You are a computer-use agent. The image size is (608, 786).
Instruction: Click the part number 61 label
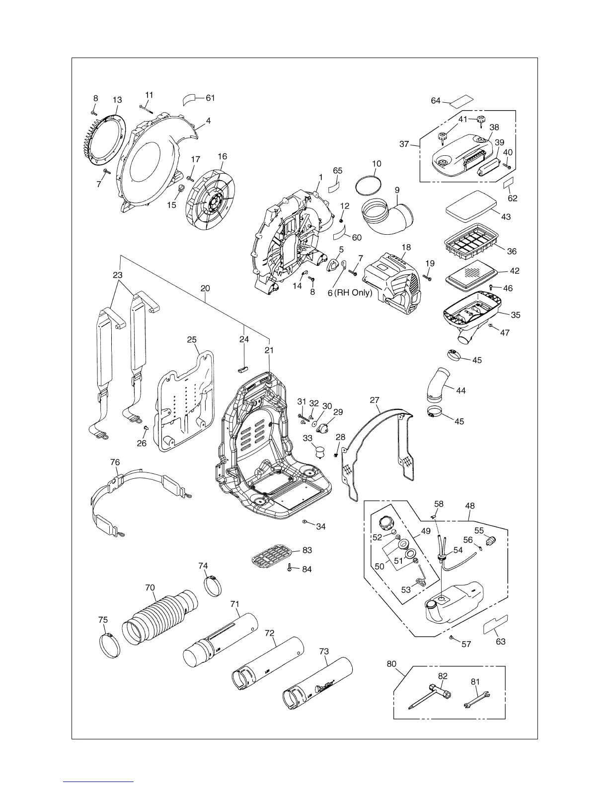tap(210, 98)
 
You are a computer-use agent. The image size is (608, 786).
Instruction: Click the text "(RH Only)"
tap(353, 293)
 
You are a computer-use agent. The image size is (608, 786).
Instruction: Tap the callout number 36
tap(512, 252)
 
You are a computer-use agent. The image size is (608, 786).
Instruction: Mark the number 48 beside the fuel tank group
tap(469, 506)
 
